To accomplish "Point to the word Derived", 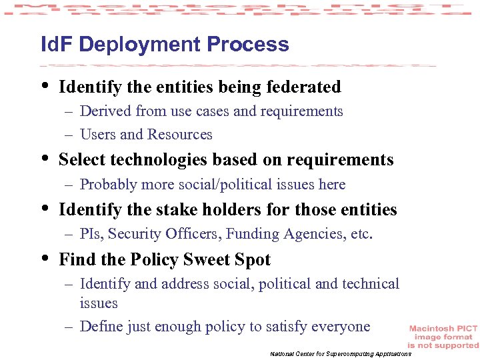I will tap(105, 111).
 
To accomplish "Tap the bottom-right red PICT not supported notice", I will tap(443, 337).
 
